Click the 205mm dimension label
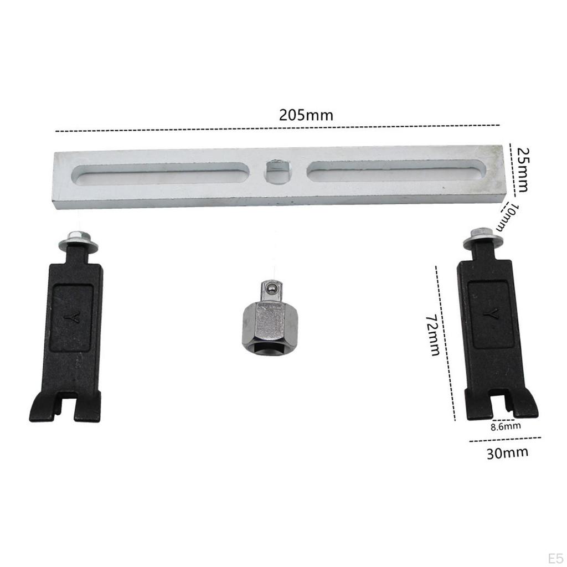pyautogui.click(x=306, y=115)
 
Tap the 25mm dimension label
pyautogui.click(x=522, y=169)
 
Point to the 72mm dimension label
pyautogui.click(x=433, y=335)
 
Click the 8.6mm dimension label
pyautogui.click(x=506, y=426)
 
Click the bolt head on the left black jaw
pyautogui.click(x=78, y=240)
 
